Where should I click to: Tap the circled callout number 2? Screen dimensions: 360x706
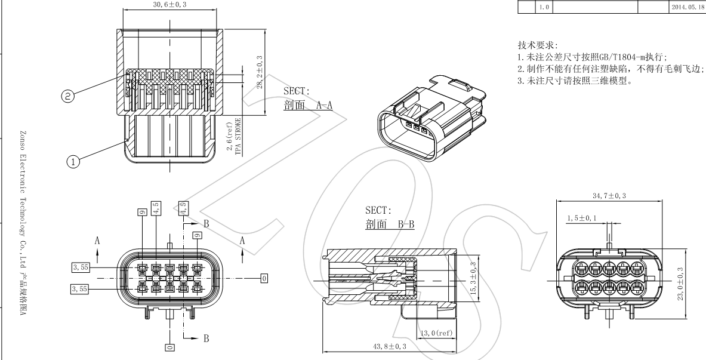[69, 96]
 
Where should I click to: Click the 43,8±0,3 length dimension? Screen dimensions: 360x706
[389, 346]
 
